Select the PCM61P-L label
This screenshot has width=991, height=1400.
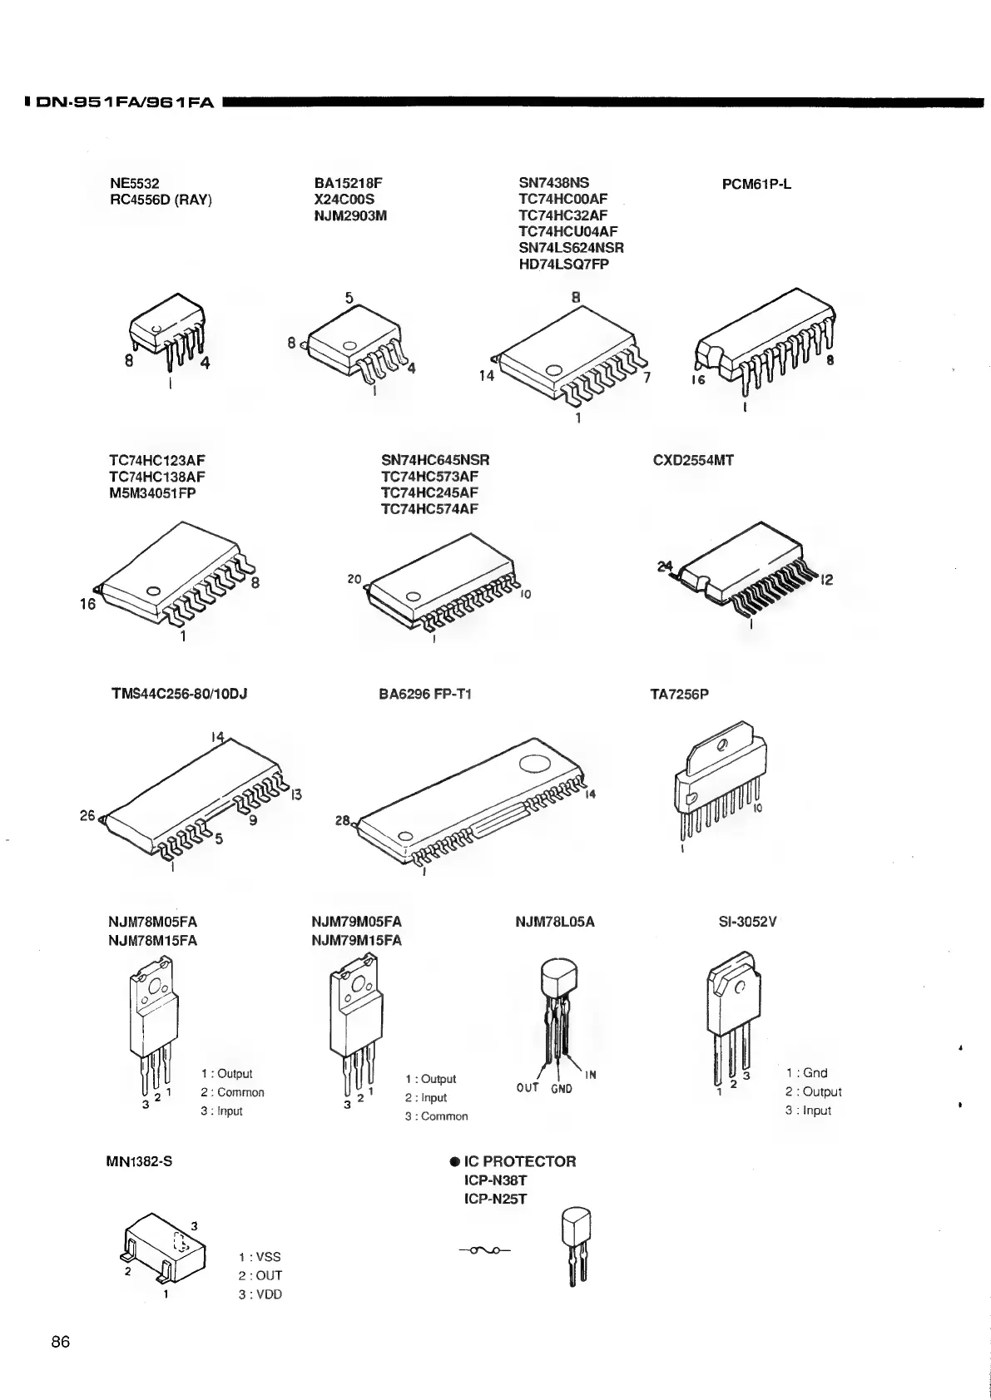(x=756, y=184)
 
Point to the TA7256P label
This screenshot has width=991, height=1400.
(x=679, y=693)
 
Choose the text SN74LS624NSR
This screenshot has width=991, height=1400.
(x=571, y=248)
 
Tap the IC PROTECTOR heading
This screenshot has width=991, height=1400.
(x=519, y=1161)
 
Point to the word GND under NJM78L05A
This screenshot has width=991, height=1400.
(x=561, y=1089)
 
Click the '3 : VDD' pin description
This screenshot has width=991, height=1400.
(x=260, y=1294)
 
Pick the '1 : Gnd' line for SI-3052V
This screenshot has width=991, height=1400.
(x=806, y=1073)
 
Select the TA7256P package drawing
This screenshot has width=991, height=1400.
(x=716, y=786)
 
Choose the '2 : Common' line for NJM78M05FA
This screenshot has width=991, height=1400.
(x=232, y=1092)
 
